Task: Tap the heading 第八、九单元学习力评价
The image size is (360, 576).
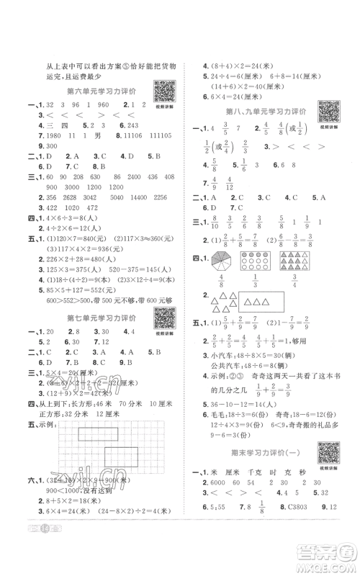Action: coord(267,112)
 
